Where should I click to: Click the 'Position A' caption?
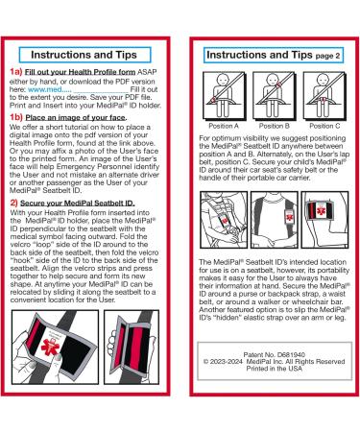(224, 125)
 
